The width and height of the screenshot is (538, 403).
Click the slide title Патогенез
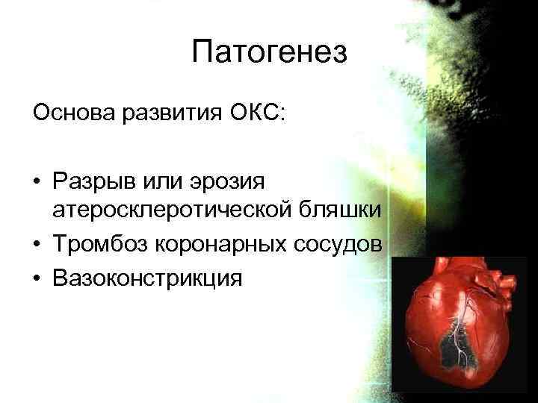[x=269, y=52]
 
